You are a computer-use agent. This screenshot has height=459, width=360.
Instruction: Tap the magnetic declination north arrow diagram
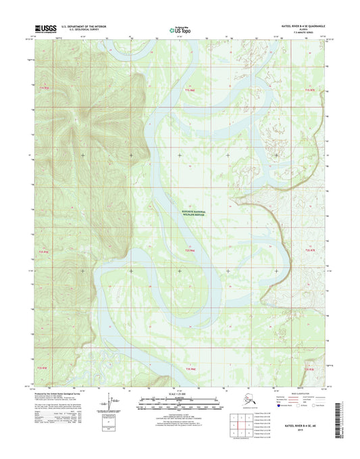point(138,409)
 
